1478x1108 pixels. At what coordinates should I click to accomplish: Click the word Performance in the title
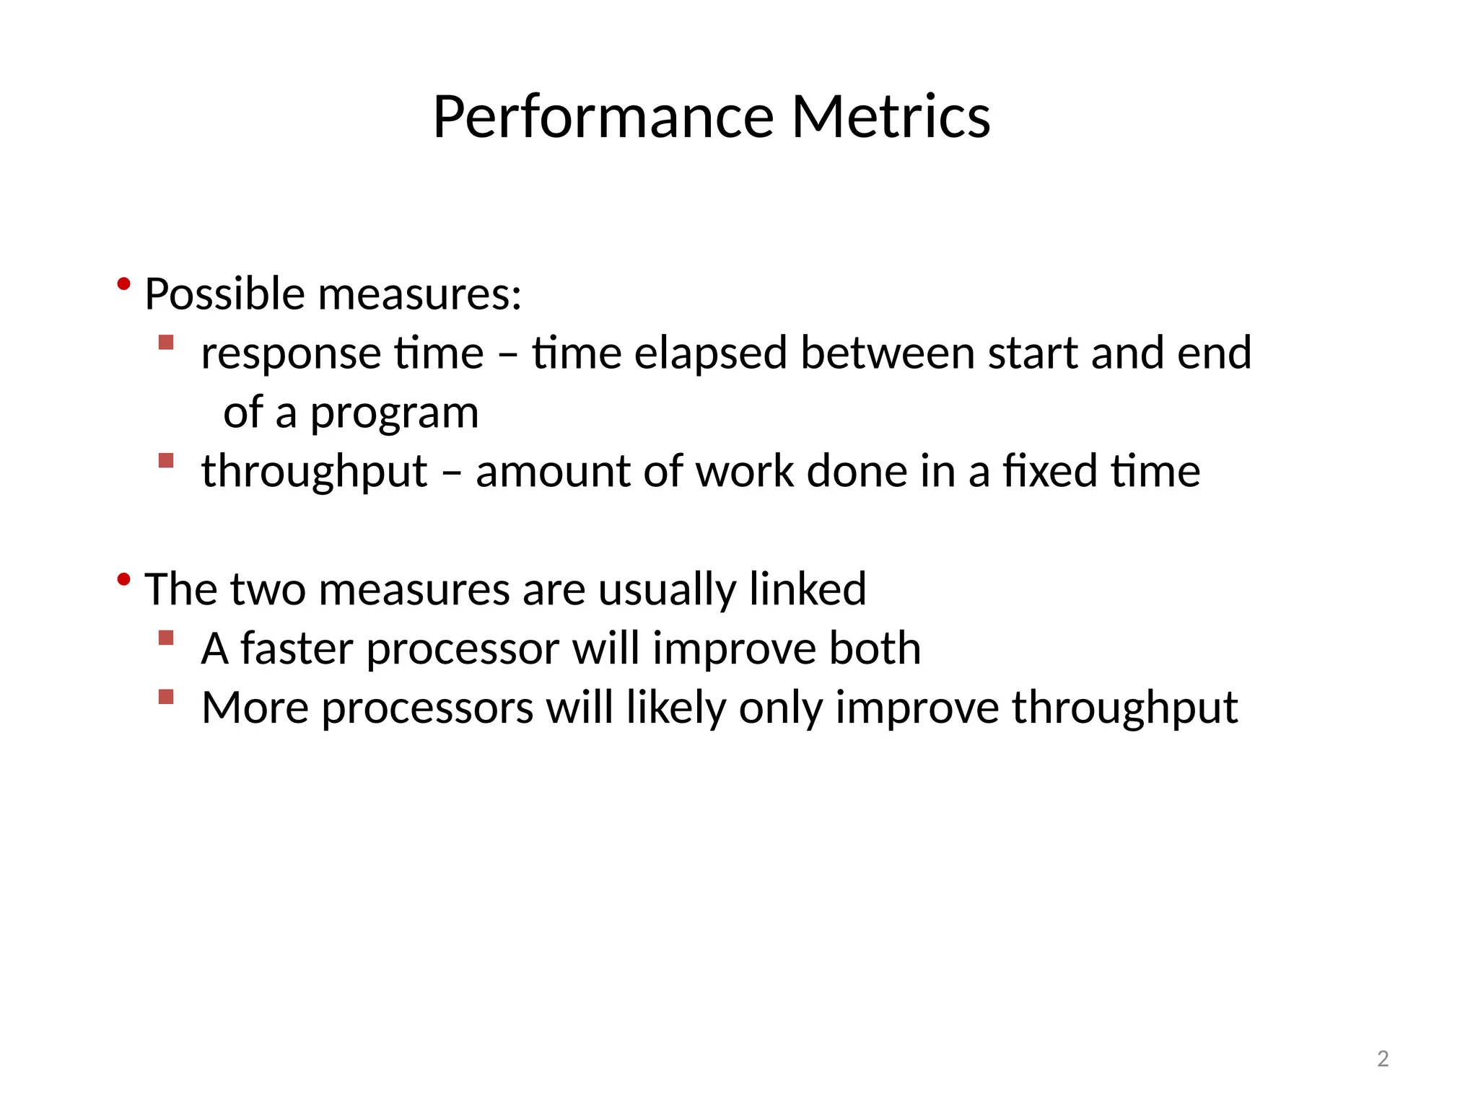coord(603,117)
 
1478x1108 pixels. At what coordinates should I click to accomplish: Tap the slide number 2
coord(1383,1059)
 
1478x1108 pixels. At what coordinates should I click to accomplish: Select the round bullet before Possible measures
coord(123,284)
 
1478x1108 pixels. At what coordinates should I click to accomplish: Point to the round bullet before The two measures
coord(123,579)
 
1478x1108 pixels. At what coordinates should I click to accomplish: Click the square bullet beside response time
coord(166,342)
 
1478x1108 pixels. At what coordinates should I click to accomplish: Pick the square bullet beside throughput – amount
coord(166,460)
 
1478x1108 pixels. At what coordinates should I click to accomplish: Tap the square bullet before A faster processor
coord(166,638)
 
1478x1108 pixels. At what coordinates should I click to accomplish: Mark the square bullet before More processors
coord(166,697)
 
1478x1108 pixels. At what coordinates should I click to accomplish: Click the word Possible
coord(224,294)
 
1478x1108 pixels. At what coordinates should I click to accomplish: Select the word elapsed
coord(710,353)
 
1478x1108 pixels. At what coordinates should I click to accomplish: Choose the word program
coord(394,413)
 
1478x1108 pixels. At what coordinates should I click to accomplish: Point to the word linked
coord(807,589)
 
